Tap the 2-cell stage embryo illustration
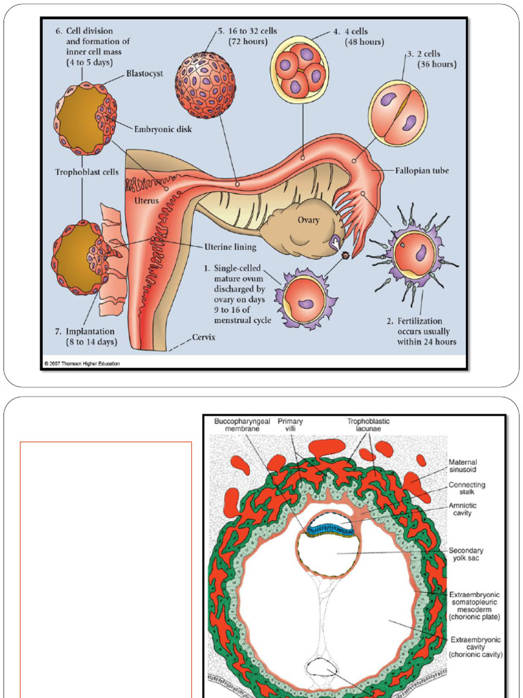[398, 112]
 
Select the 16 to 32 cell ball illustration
[205, 85]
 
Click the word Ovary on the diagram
[308, 220]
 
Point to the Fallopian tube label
[422, 170]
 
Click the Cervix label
[204, 337]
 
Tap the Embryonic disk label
[163, 128]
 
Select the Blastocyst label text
[144, 74]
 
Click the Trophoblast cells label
[86, 172]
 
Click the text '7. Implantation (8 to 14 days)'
[86, 337]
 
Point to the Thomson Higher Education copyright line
[82, 364]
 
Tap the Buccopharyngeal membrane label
[242, 426]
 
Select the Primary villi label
[290, 426]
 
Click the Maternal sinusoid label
[463, 466]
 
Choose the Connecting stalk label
[466, 489]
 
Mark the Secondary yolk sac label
[466, 555]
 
